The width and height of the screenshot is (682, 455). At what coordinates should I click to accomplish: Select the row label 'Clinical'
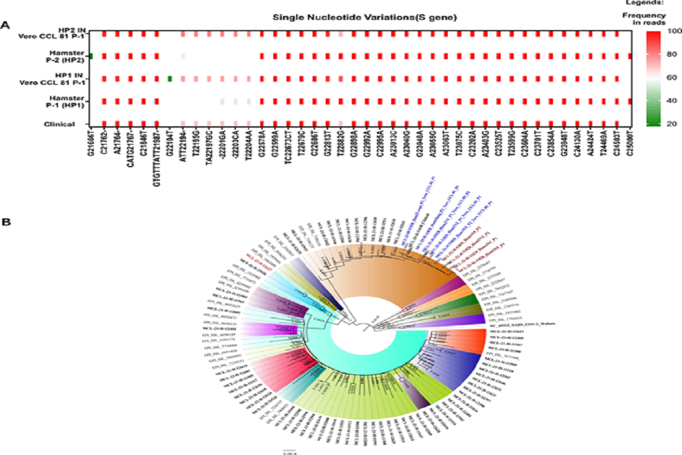(61, 123)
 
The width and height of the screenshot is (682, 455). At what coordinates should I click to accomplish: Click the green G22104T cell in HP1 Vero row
(169, 78)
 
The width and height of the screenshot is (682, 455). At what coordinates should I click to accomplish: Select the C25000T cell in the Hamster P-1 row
(629, 101)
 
